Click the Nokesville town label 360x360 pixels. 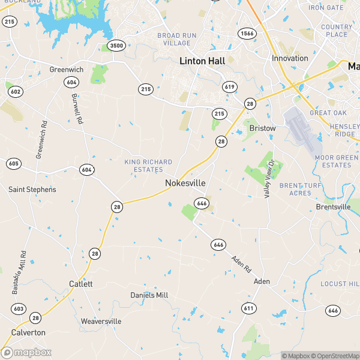coord(185,182)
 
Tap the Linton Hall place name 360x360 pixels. coord(202,61)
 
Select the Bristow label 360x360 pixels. coord(263,128)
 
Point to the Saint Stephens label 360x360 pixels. coord(32,190)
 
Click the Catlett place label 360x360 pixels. coord(80,284)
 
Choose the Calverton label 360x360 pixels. coord(28,332)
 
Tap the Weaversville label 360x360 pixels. coord(101,322)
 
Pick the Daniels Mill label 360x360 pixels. coord(149,295)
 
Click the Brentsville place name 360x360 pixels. coord(332,207)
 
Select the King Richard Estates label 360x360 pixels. coord(148,166)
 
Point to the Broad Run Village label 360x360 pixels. coord(177,40)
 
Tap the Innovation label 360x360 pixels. coord(290,58)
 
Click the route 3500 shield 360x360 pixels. coord(117,46)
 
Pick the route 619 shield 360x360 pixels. coord(229,87)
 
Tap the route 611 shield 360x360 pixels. coord(249,308)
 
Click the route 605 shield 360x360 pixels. coord(14,164)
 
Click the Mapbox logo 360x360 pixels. coord(26,353)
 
